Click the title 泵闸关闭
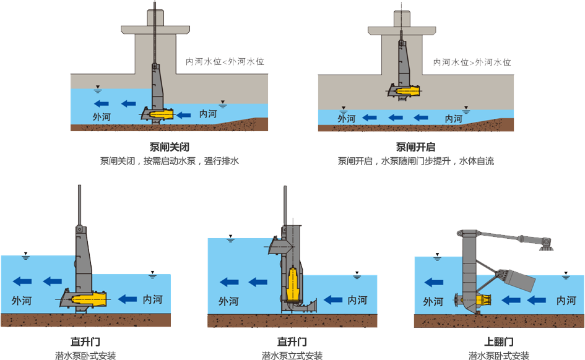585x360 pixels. [x=169, y=148]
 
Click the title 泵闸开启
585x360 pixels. [x=415, y=148]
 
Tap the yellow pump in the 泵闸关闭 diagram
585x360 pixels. [x=162, y=114]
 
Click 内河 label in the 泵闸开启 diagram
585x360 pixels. [x=454, y=118]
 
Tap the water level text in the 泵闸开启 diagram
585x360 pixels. [x=473, y=62]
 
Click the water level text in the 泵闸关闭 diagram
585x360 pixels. [x=225, y=62]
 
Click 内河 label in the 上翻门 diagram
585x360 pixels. [x=566, y=301]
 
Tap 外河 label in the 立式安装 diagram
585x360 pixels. [x=228, y=301]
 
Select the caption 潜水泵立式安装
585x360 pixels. [x=292, y=355]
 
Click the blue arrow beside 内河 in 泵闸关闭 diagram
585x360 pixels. [x=183, y=114]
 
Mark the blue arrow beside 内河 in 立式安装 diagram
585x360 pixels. [x=332, y=299]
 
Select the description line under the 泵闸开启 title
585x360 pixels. [x=416, y=161]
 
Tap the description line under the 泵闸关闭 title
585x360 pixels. [x=169, y=161]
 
